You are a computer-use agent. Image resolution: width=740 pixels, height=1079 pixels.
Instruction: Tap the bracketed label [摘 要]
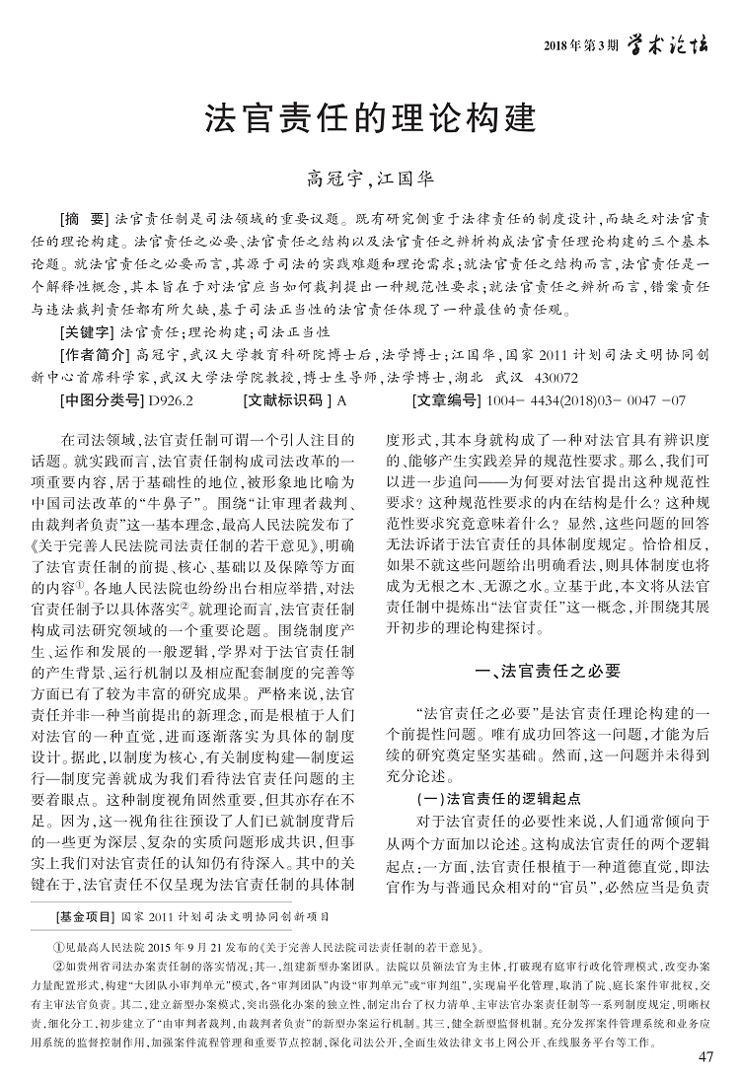click(x=85, y=216)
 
